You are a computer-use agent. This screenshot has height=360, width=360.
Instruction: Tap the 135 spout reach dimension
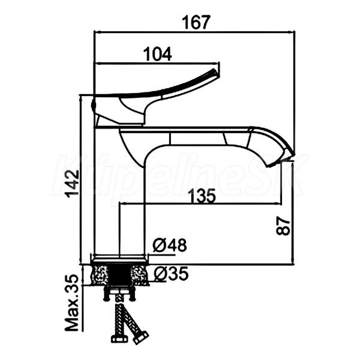point(202,196)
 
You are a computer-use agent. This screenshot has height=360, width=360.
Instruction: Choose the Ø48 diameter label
point(170,245)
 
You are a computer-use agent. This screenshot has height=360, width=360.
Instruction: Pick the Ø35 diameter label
point(170,274)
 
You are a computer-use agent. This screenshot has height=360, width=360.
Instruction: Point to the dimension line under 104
point(158,63)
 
